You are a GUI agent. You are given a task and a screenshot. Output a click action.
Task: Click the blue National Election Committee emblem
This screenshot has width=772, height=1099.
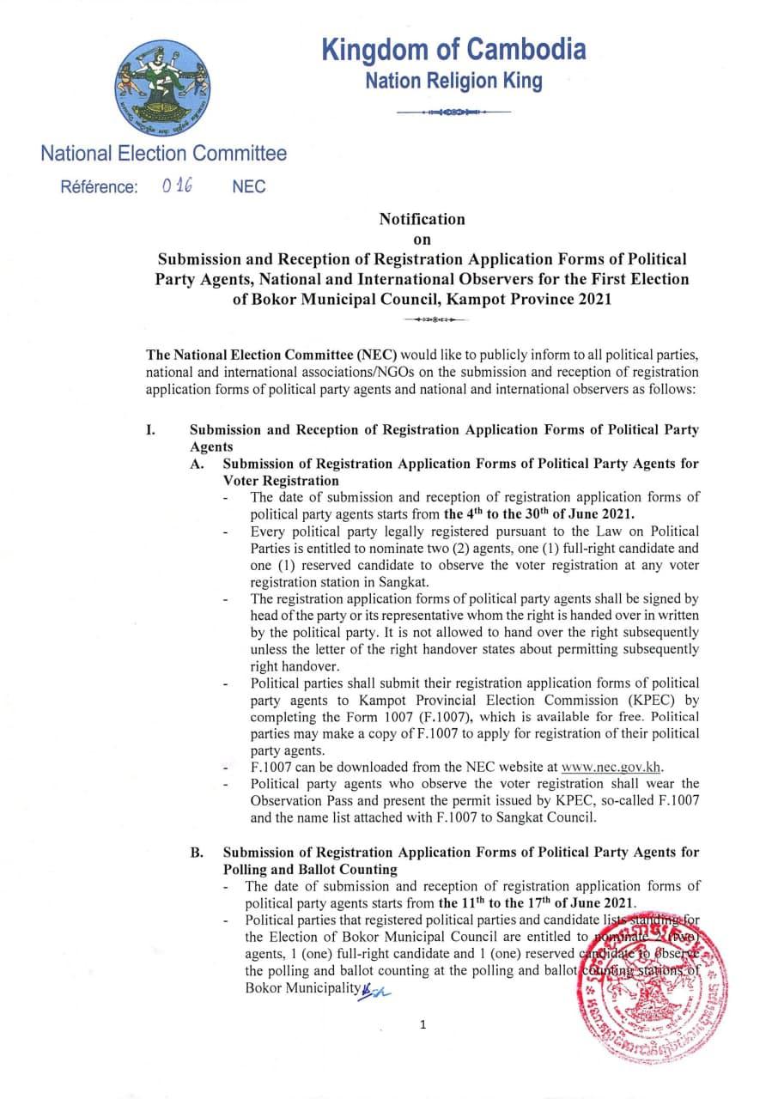[x=165, y=89]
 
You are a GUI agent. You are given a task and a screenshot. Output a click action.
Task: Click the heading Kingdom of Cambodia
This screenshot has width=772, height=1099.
[x=453, y=50]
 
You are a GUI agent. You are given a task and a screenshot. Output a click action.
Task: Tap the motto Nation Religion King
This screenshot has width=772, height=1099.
[x=453, y=82]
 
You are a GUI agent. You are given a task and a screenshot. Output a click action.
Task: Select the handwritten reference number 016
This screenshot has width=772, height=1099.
[x=176, y=185]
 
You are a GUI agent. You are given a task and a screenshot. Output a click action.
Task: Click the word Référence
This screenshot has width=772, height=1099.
[x=98, y=187]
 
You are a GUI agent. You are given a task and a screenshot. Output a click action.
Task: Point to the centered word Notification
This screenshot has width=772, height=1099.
[x=422, y=219]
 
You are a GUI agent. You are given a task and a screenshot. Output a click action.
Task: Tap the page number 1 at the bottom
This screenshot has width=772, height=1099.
[x=422, y=1024]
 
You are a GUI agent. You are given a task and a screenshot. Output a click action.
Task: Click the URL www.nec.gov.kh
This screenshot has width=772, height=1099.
[x=611, y=767]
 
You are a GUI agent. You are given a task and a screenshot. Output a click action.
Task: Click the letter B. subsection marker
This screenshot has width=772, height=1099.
[x=197, y=852]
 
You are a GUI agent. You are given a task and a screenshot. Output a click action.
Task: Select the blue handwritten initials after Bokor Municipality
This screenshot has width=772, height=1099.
[x=375, y=989]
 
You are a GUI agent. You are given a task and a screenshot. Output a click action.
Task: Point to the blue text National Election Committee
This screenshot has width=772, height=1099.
[x=164, y=155]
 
